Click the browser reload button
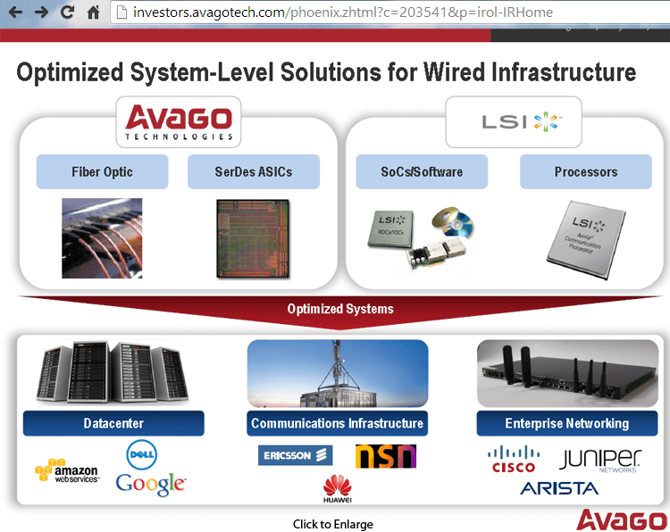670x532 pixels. click(67, 12)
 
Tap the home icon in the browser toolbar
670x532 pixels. click(93, 12)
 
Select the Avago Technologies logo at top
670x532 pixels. click(179, 122)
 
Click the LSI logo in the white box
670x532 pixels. click(513, 121)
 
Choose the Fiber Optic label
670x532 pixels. click(102, 171)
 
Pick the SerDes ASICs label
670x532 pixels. click(254, 171)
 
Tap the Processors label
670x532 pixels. click(586, 171)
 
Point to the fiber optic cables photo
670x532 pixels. click(102, 238)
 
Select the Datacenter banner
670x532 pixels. click(113, 423)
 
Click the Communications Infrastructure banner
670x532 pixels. click(337, 423)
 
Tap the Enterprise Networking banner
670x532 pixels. click(566, 423)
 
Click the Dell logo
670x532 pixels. click(142, 454)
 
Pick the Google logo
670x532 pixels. click(150, 484)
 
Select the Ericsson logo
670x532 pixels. click(295, 456)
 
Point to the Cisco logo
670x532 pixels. click(515, 460)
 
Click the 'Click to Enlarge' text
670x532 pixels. click(333, 524)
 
